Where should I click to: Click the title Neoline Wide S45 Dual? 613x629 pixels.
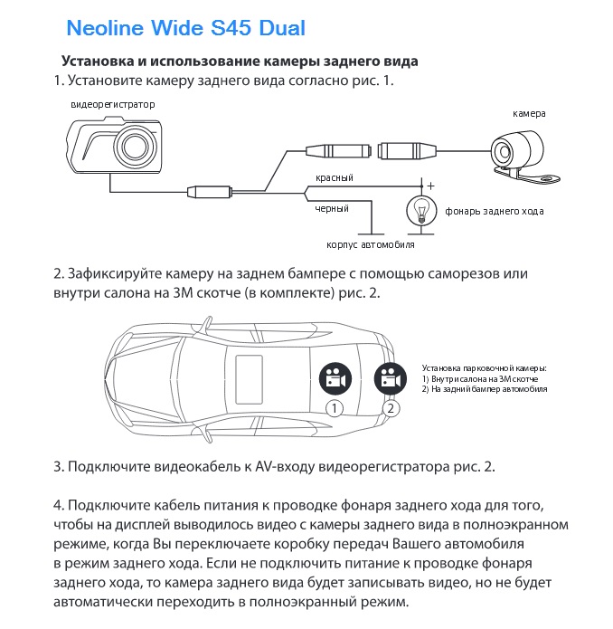[x=186, y=28]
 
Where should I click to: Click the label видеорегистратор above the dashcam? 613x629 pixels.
[x=113, y=105]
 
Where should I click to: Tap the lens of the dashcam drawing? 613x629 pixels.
[x=137, y=144]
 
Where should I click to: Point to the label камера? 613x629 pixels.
[x=530, y=114]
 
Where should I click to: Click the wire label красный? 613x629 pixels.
[x=334, y=177]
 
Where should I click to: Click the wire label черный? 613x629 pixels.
[x=332, y=209]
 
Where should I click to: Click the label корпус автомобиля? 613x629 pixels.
[x=371, y=245]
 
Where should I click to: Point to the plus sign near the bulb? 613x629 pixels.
[x=430, y=186]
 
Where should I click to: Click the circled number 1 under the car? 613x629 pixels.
[x=334, y=408]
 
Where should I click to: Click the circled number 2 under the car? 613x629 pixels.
[x=391, y=408]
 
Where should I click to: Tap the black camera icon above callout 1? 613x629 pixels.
[x=334, y=377]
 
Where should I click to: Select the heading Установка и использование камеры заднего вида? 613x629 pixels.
[x=239, y=62]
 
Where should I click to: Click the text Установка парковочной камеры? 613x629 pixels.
[x=485, y=368]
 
